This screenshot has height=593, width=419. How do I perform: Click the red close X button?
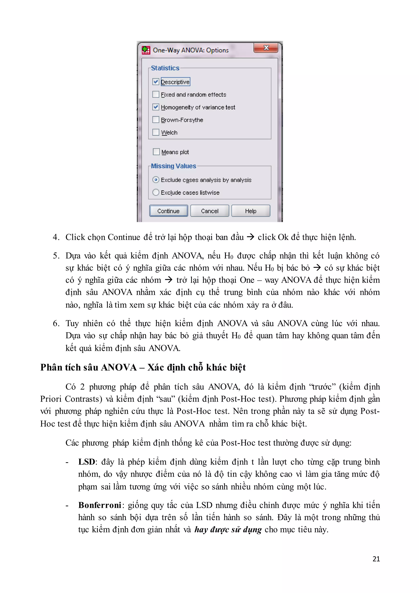coord(266,48)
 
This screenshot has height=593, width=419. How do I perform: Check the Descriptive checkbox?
coord(155,82)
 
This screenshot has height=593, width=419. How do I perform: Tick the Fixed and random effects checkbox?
coord(155,95)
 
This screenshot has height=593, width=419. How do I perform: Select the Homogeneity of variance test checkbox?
coord(155,107)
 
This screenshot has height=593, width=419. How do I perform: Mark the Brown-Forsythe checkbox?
coord(155,120)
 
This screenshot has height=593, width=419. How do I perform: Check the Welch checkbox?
coord(155,132)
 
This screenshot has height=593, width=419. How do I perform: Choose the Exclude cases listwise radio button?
coord(155,192)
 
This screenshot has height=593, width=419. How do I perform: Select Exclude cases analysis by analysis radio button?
coord(155,180)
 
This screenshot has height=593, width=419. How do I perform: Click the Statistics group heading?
coord(165,68)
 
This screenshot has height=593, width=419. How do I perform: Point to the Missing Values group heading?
coord(173,166)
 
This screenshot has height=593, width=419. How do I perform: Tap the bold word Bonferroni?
coord(100,505)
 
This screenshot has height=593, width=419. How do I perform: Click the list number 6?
coord(55,323)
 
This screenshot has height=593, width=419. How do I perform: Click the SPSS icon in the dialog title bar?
coord(146,50)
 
